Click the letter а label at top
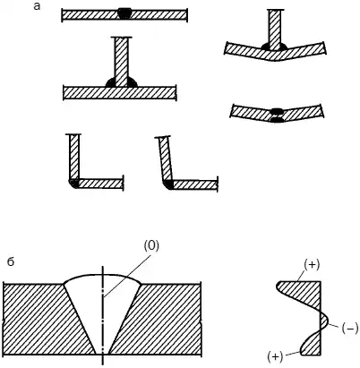[x=37, y=6]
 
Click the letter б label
[x=11, y=261]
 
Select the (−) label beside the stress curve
[x=349, y=329]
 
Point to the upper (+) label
[x=312, y=265]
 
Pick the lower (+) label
[x=275, y=356]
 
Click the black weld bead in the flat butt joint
[x=124, y=13]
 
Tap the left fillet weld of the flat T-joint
[x=110, y=82]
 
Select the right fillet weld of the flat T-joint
[x=133, y=82]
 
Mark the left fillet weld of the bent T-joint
[x=265, y=47]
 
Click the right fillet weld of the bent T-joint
[x=283, y=47]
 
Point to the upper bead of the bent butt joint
[x=277, y=110]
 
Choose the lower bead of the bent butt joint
[x=277, y=120]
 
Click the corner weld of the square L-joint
[x=73, y=184]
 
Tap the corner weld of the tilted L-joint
[x=168, y=184]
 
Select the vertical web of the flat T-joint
[x=122, y=62]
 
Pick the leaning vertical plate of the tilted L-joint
[x=166, y=158]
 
